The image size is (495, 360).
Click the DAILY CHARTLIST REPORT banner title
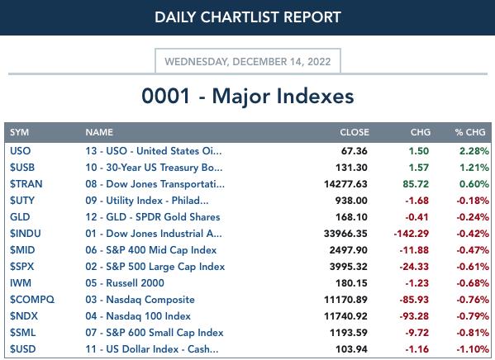(248, 17)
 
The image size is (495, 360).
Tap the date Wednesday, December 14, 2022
(248, 62)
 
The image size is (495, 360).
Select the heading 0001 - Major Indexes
(248, 96)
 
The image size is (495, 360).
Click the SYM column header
(19, 132)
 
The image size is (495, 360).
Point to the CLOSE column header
(355, 132)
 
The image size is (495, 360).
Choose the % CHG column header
(470, 132)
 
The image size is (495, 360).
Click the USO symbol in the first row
(20, 151)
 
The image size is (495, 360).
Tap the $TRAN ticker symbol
(26, 184)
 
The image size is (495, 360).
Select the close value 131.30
(351, 168)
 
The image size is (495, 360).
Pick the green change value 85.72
(416, 184)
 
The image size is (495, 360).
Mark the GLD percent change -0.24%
(473, 217)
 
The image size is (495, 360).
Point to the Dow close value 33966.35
(345, 234)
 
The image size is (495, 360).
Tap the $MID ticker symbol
(22, 250)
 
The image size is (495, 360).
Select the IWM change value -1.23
(417, 283)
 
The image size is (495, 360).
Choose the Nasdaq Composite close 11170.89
(345, 300)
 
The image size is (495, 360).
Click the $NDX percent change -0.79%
(473, 316)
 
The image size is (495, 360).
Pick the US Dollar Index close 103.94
(351, 349)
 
